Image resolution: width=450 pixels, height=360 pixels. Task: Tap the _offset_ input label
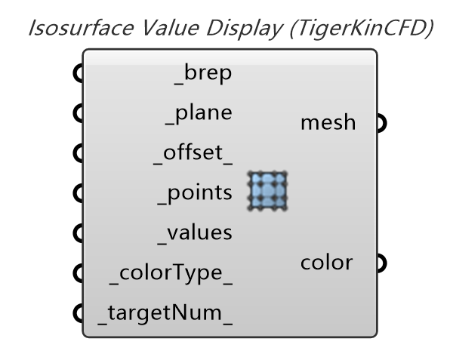195,153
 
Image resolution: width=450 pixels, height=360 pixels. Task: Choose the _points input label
195,193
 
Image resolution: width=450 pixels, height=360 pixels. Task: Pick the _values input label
195,232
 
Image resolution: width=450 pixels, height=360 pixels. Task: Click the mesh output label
328,122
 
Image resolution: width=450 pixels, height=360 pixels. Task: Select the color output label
326,263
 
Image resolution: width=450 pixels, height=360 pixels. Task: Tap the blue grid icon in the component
268,192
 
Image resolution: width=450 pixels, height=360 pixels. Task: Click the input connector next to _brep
77,74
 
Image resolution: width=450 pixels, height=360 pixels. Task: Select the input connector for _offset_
77,153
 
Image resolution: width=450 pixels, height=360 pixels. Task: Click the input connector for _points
77,193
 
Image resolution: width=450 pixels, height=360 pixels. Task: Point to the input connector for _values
77,232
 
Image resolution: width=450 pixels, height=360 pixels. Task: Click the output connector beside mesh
381,122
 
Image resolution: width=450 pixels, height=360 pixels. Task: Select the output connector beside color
381,263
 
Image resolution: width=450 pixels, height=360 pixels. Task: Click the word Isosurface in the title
73,29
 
